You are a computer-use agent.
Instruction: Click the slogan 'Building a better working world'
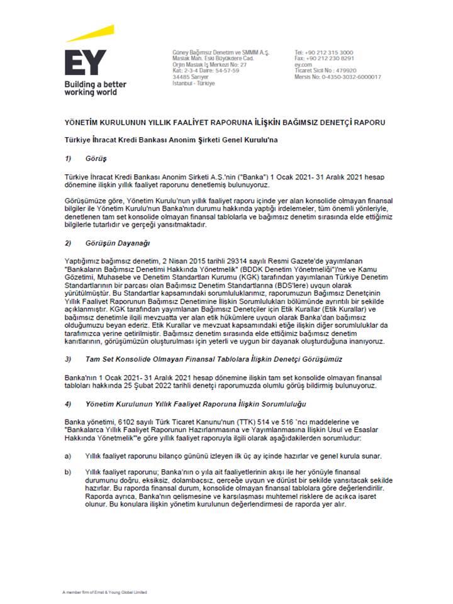[x=95, y=88]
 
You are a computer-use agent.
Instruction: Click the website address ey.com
[x=303, y=65]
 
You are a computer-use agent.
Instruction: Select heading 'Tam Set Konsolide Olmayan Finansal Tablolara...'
[x=213, y=358]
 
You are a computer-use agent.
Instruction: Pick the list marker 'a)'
[x=67, y=456]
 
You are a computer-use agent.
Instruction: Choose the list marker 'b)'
[x=67, y=471]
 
